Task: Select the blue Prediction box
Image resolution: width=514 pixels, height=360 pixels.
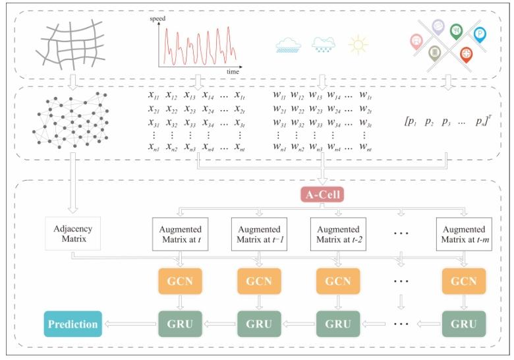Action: (x=72, y=324)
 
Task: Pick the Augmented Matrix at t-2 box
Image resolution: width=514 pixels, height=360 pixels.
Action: (x=337, y=233)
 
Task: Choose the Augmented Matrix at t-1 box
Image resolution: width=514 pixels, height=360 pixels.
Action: (x=258, y=233)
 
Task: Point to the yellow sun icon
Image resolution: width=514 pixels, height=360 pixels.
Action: (x=358, y=44)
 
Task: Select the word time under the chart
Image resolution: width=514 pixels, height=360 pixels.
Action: (x=233, y=71)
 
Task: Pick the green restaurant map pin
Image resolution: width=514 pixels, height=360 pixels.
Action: (x=456, y=30)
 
